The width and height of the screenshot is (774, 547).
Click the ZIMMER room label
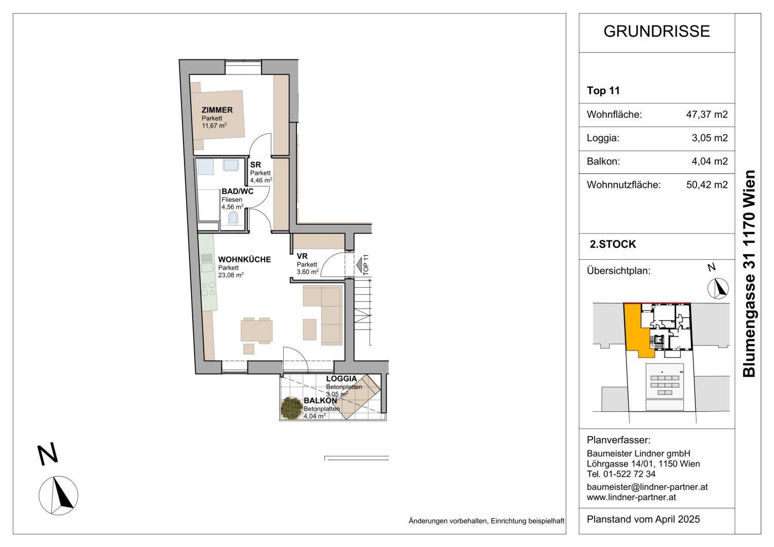[217, 110]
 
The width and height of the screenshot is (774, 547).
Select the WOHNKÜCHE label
[244, 260]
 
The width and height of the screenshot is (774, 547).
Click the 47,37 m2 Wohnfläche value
[707, 114]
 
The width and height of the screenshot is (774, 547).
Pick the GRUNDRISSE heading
[656, 31]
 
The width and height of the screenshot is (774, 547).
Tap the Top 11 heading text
[603, 91]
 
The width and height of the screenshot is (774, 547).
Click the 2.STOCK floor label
[613, 244]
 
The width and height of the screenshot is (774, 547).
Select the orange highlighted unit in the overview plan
[633, 332]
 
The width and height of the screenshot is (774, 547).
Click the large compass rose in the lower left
[58, 495]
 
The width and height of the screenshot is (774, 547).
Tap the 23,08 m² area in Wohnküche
[231, 275]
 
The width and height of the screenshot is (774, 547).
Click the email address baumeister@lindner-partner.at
[647, 487]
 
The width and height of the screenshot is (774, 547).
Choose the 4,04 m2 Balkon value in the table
[710, 161]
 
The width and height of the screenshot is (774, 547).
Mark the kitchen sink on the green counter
[208, 267]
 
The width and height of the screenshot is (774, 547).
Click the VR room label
[302, 256]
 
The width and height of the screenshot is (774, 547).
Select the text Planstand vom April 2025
[643, 519]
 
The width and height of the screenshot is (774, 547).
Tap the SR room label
[255, 165]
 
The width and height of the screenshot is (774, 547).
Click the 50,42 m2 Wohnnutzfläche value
[707, 185]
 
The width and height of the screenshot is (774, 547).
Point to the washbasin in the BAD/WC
[231, 165]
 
